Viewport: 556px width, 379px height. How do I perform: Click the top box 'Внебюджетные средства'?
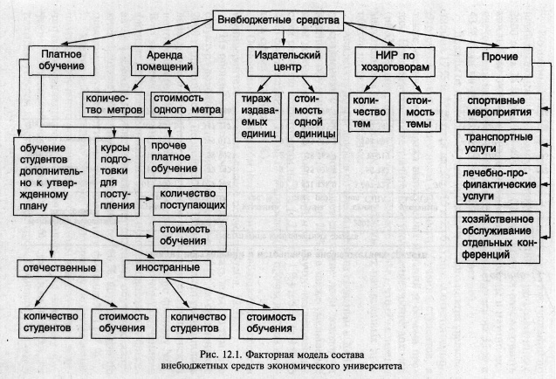point(278,20)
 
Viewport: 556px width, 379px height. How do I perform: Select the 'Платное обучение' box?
point(61,60)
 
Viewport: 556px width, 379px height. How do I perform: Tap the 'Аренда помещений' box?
point(164,61)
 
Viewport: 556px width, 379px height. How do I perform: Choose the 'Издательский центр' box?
point(287,61)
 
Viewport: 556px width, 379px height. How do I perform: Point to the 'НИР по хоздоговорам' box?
point(395,61)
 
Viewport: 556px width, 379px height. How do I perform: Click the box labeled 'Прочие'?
point(499,62)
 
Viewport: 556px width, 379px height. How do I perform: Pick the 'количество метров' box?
point(113,104)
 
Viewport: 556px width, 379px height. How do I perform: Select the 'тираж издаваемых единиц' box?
point(258,117)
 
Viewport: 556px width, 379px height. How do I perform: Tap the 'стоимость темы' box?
point(420,113)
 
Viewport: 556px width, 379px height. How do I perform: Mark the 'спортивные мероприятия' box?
point(498,107)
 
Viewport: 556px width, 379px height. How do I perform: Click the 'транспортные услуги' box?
point(498,144)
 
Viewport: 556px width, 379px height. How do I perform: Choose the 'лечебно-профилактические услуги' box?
point(498,185)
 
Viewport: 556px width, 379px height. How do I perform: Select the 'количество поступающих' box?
point(189,201)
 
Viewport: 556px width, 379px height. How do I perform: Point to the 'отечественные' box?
point(59,268)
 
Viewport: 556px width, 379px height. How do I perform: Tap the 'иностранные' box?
point(168,268)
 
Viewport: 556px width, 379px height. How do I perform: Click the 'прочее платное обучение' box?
point(173,158)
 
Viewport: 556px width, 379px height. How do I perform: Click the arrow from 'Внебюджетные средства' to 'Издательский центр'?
point(283,38)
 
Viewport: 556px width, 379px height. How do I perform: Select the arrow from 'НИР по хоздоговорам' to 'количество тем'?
point(370,85)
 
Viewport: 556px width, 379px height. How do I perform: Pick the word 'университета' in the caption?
point(375,366)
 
